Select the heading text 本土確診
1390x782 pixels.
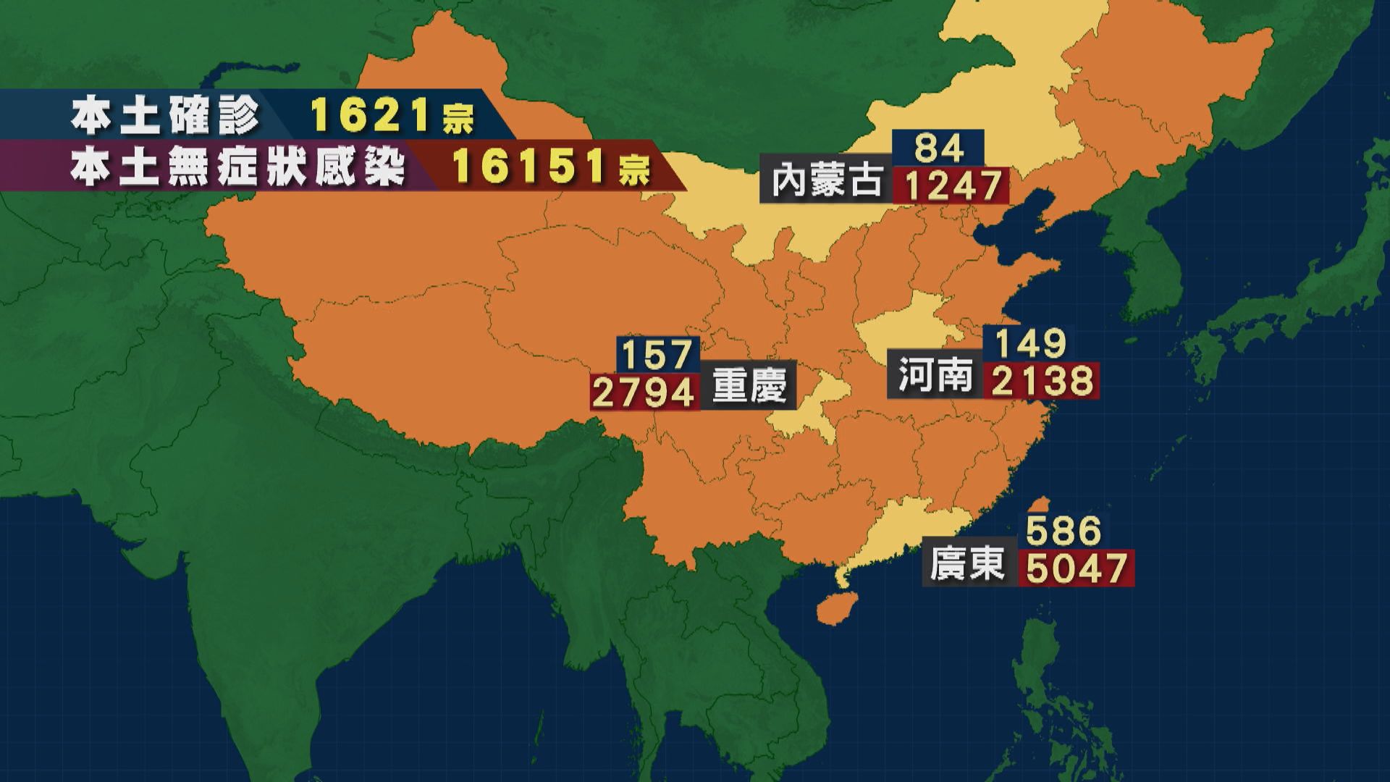click(165, 116)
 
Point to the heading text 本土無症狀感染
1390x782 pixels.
click(238, 168)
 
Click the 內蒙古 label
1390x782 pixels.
click(826, 182)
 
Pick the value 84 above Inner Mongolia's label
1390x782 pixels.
click(938, 148)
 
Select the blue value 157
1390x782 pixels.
click(657, 355)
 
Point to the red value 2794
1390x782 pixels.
click(644, 392)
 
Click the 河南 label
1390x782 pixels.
click(935, 377)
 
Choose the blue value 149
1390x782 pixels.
click(1031, 343)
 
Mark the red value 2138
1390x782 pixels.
click(1041, 381)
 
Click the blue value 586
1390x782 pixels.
click(1063, 531)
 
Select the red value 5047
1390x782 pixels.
click(1077, 568)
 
